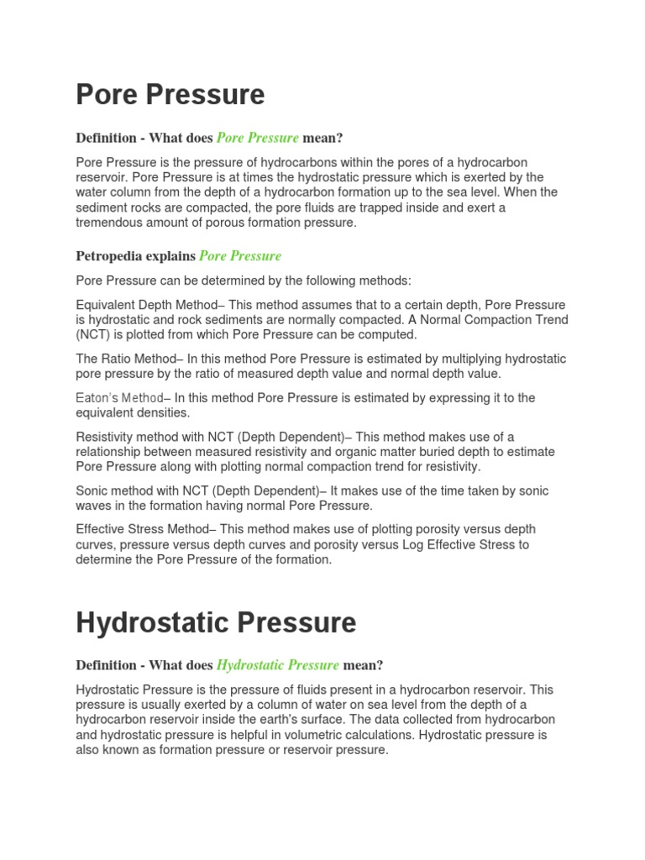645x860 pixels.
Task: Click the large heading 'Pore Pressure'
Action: (x=170, y=94)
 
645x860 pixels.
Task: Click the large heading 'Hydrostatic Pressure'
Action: (x=216, y=622)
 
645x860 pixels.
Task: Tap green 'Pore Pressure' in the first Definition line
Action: (x=258, y=138)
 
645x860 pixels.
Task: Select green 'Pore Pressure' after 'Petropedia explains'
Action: (x=240, y=256)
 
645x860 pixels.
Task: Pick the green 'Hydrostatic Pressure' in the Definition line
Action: (x=278, y=665)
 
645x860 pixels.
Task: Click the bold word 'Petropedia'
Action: (x=112, y=256)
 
